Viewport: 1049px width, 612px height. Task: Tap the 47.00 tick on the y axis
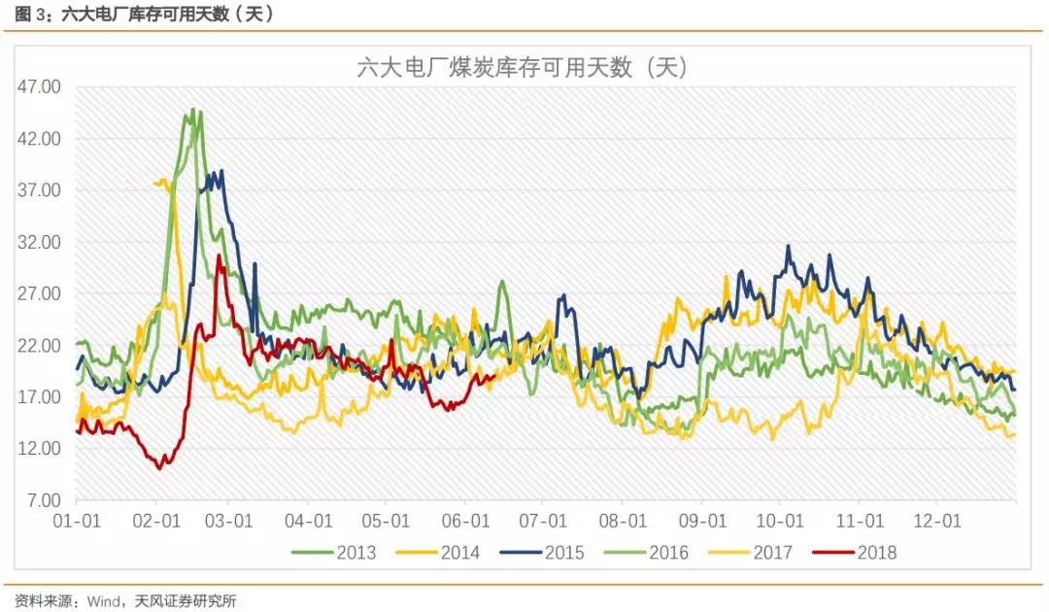40,86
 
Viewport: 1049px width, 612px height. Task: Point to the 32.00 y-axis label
40,242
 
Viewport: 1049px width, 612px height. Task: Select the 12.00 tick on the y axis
40,449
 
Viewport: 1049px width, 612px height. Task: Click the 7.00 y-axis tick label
44,500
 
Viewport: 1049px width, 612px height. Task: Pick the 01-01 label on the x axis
77,521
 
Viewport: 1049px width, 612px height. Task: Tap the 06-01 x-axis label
466,521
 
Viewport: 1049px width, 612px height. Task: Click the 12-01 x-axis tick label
940,521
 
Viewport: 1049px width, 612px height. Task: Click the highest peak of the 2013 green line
192,110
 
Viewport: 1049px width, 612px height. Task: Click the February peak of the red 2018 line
220,256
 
